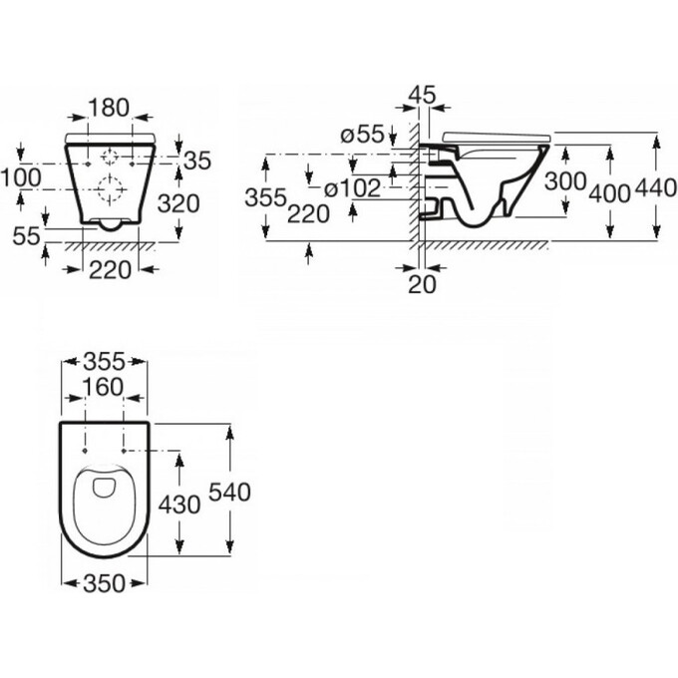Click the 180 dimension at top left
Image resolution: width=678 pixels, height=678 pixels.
109,108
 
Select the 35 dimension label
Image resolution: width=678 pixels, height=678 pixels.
197,161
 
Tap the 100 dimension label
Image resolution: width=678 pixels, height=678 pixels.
21,177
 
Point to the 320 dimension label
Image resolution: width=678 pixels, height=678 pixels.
178,203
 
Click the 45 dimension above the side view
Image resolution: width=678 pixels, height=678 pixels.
423,95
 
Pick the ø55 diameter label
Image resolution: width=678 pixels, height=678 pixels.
362,135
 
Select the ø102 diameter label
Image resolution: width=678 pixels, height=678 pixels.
352,188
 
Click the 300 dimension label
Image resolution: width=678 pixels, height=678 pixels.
565,181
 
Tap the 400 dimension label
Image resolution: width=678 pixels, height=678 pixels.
610,193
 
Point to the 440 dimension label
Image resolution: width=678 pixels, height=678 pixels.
656,188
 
